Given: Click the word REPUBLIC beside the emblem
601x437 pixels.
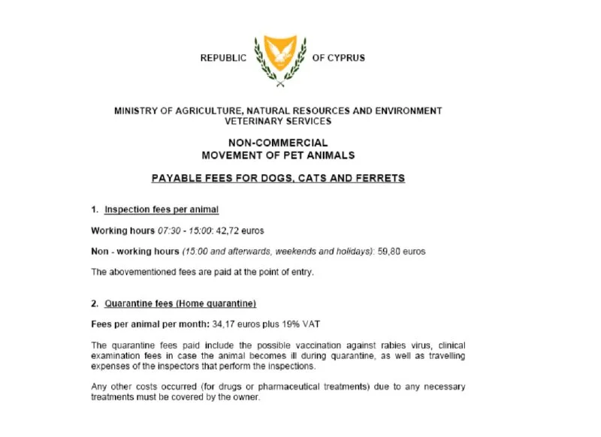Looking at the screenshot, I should pyautogui.click(x=223, y=58).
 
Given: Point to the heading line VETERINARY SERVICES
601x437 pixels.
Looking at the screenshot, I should pyautogui.click(x=278, y=121).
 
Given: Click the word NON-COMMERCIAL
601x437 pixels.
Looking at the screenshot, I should pyautogui.click(x=278, y=143).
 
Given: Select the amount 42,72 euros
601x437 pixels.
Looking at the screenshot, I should pyautogui.click(x=241, y=231).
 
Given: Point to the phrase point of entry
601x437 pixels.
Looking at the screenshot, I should pyautogui.click(x=279, y=272).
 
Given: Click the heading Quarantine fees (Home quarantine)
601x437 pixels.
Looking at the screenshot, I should pyautogui.click(x=180, y=303).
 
